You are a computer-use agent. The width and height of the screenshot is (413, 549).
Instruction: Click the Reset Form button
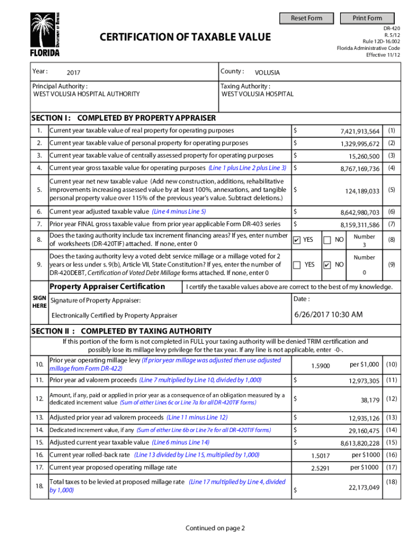306,18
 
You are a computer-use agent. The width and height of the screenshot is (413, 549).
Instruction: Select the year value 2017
73,73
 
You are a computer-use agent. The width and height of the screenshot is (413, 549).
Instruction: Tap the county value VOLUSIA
267,73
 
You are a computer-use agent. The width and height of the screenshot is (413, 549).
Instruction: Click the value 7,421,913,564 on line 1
359,131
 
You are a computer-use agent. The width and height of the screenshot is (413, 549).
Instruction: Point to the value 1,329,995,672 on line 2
359,144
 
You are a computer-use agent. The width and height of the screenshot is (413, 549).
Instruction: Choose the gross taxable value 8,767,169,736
359,169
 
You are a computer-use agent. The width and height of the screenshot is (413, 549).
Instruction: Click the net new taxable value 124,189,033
362,191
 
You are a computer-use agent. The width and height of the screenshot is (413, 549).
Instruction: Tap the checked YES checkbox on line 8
297,240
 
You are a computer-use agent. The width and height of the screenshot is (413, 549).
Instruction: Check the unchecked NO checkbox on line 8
327,240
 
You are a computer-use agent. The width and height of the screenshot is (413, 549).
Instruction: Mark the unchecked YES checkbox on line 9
297,265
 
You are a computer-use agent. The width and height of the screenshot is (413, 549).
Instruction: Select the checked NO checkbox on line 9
327,265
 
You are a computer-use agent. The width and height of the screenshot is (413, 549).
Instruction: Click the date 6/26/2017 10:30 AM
328,314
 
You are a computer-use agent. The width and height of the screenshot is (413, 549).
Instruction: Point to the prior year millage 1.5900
320,366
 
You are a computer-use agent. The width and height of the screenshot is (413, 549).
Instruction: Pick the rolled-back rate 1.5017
320,456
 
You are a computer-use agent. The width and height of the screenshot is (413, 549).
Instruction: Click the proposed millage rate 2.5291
320,468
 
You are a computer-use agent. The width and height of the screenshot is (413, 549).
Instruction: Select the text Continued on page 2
215,528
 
